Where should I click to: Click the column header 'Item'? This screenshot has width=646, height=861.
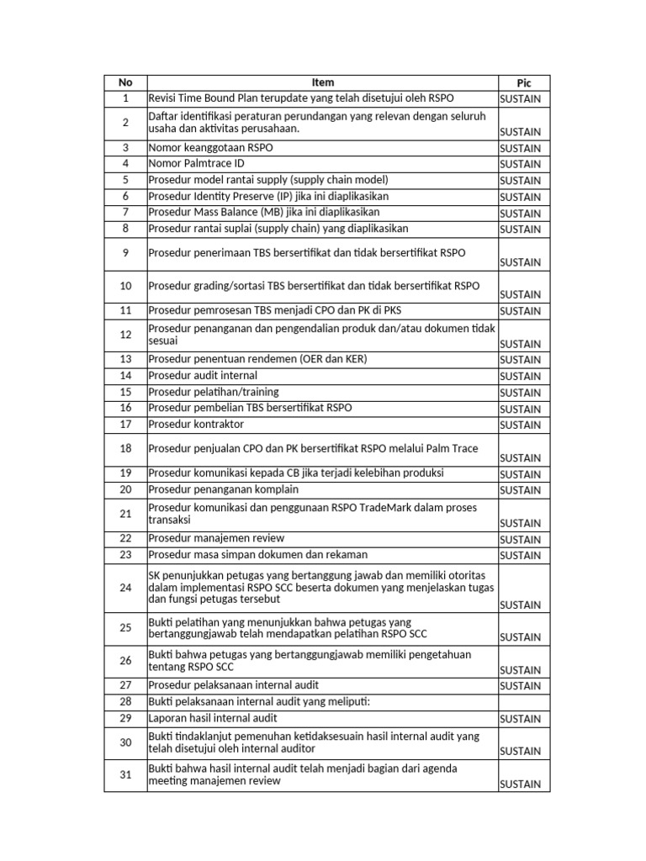[x=322, y=82]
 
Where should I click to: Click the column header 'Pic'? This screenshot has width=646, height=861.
[x=523, y=82]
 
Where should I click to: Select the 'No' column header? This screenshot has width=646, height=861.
[x=125, y=82]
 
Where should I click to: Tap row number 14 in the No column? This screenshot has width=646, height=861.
[x=125, y=376]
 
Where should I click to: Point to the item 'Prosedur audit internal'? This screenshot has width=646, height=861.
[x=203, y=376]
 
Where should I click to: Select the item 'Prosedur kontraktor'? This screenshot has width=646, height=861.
[x=195, y=425]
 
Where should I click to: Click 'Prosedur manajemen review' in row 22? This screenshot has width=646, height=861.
[x=216, y=538]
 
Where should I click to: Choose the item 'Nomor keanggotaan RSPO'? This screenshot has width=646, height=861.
[x=210, y=148]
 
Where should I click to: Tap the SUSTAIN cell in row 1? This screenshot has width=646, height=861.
[x=520, y=99]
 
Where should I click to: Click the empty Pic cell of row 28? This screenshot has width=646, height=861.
[x=523, y=702]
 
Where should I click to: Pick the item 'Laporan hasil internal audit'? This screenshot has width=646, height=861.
[x=213, y=719]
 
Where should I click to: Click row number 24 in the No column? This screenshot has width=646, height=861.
[x=125, y=588]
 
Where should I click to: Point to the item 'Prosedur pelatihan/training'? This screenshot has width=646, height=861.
[x=214, y=392]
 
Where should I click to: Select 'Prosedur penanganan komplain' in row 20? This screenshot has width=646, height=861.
[x=223, y=489]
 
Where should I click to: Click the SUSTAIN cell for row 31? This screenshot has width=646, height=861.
[x=520, y=784]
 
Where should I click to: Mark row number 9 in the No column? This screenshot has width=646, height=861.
[x=125, y=253]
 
